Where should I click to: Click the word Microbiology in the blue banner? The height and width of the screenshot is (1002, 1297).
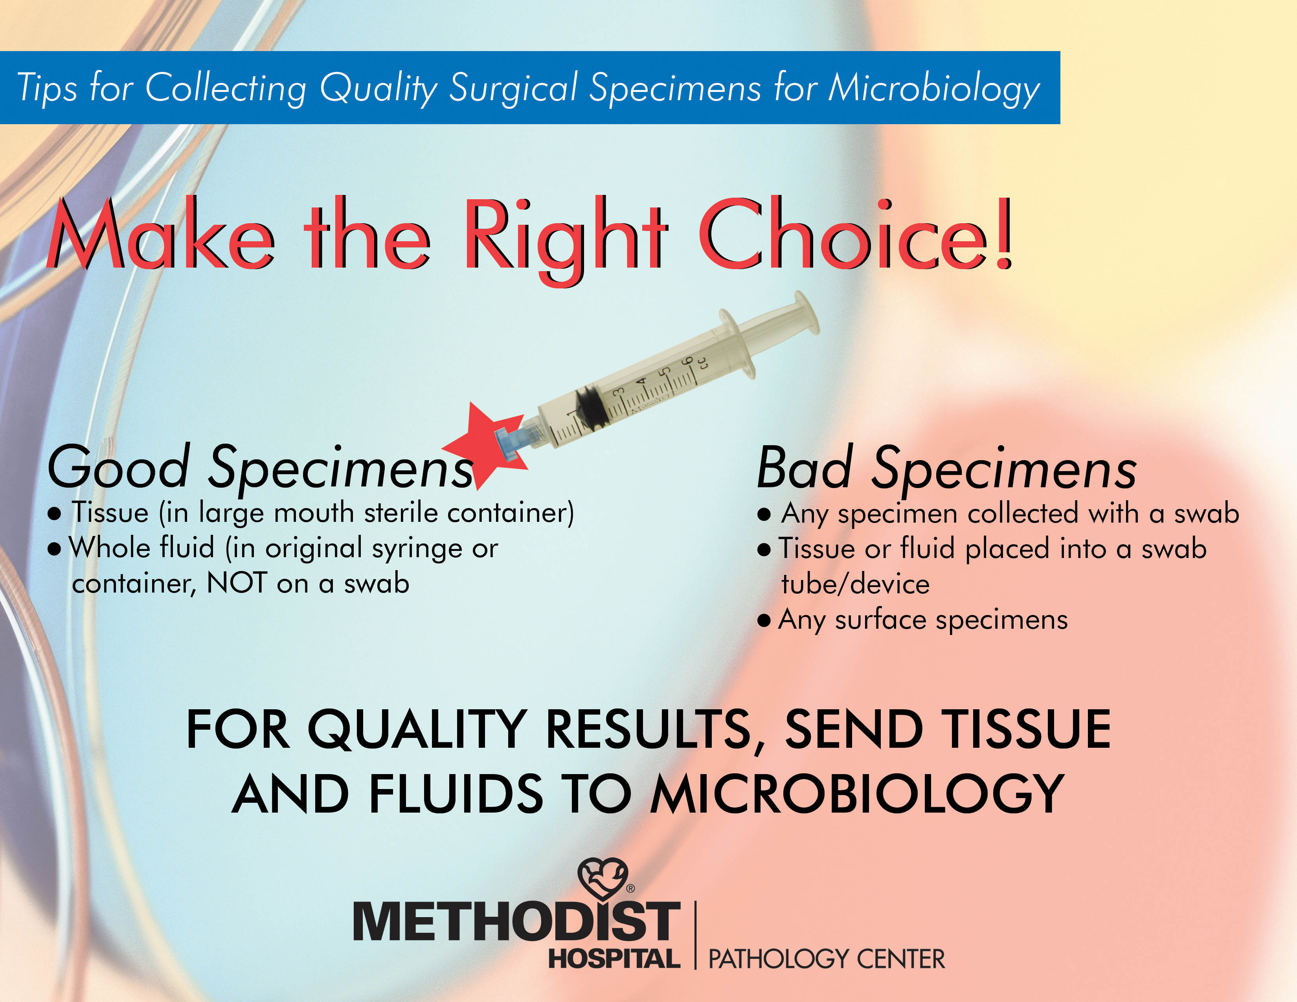934,90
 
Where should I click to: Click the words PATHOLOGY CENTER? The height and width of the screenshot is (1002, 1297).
827,959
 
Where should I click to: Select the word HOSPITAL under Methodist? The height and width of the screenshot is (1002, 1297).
614,959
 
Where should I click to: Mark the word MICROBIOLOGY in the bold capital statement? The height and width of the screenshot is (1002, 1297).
857,794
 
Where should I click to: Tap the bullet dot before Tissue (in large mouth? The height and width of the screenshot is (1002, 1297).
55,514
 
